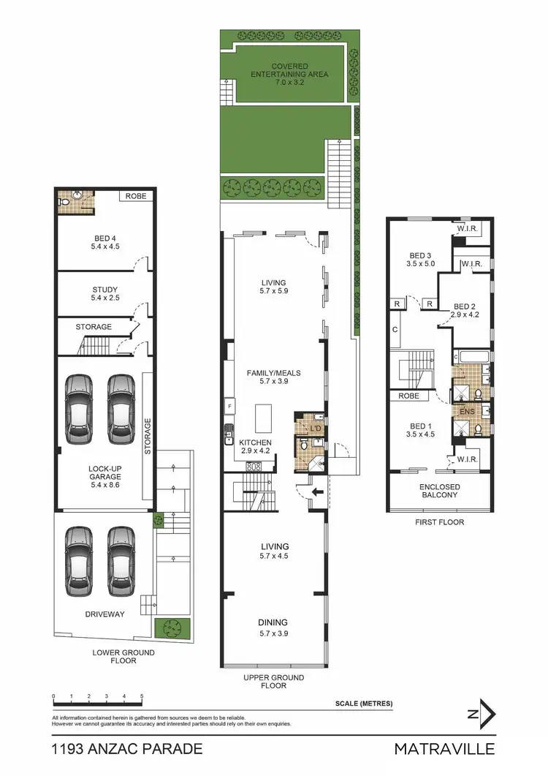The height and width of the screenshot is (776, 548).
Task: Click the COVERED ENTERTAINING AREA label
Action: point(289,70)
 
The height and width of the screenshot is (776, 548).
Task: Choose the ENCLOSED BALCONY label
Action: point(439,490)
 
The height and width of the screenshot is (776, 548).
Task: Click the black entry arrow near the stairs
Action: point(316,492)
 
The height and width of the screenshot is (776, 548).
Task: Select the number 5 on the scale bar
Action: point(142,696)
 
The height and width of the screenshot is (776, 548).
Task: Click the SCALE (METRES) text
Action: point(363,704)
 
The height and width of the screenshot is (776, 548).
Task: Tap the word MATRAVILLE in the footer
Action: point(444,748)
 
